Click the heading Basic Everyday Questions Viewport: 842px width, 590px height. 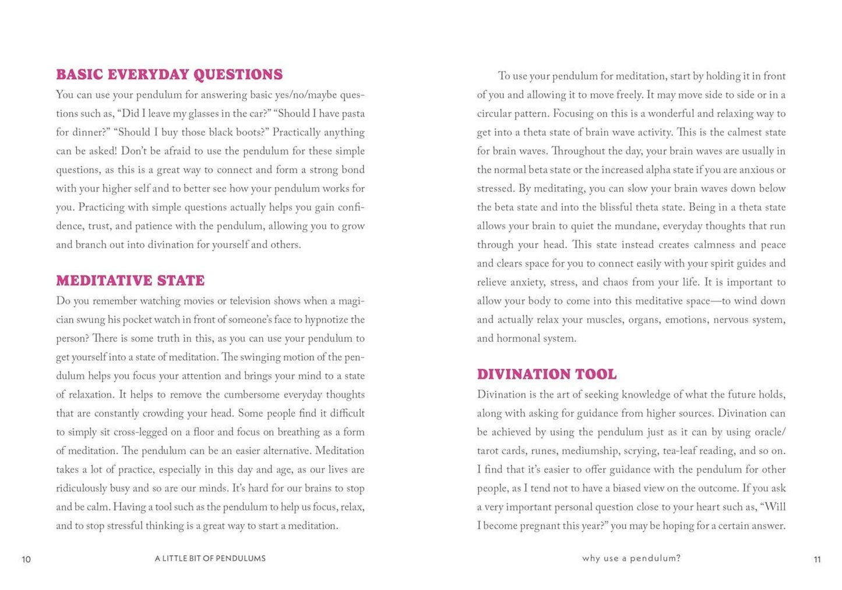(x=169, y=75)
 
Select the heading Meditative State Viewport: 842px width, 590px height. (x=130, y=280)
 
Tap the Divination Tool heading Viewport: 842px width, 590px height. (x=547, y=374)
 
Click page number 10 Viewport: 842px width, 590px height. (x=26, y=559)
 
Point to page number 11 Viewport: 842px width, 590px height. (x=817, y=559)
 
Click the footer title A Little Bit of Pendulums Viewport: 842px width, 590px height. (x=210, y=559)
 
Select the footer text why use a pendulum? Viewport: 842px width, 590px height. (x=631, y=559)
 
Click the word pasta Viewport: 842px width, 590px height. (x=351, y=114)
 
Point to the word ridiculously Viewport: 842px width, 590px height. (x=81, y=489)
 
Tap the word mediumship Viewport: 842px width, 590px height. (x=589, y=451)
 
